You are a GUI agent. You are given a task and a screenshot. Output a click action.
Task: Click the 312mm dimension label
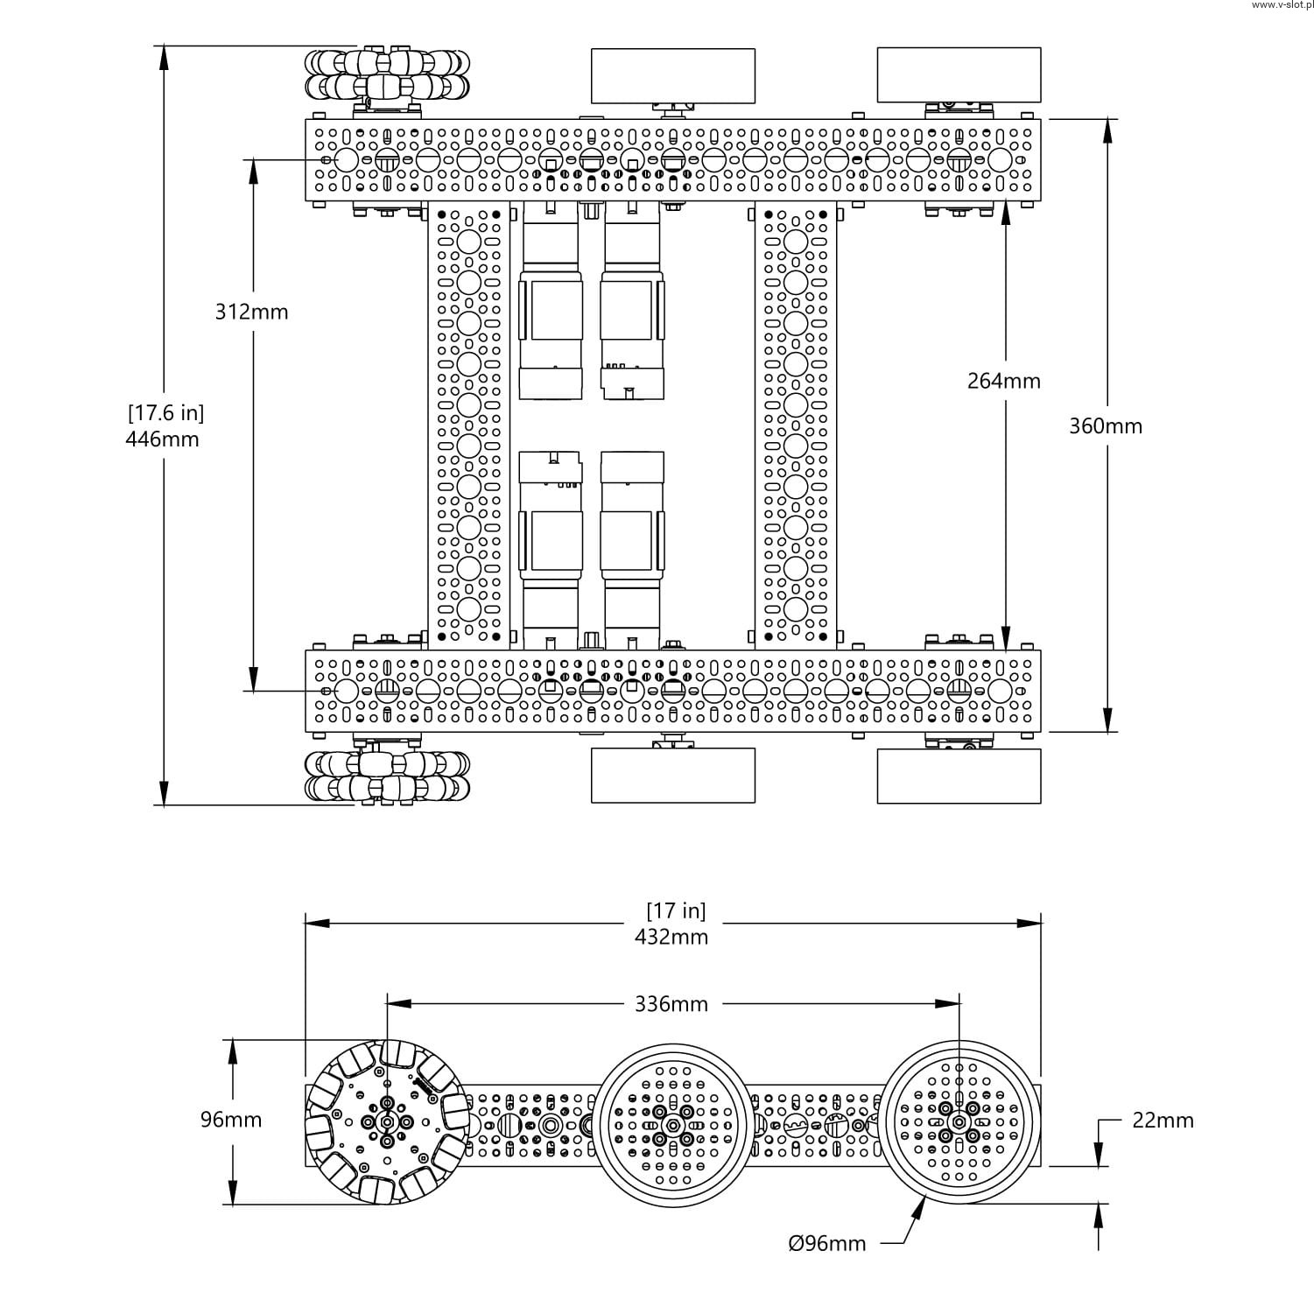click(x=251, y=312)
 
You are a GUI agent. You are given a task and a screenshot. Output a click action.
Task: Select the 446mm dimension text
click(x=162, y=439)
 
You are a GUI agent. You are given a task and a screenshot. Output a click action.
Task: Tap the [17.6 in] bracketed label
click(x=165, y=412)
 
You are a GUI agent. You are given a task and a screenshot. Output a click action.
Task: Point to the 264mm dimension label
click(x=1003, y=381)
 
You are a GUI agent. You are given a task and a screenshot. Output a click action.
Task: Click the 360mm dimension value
click(x=1105, y=426)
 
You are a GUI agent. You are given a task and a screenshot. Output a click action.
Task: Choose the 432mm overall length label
click(x=671, y=937)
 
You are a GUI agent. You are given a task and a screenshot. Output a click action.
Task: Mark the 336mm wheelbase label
click(x=671, y=1004)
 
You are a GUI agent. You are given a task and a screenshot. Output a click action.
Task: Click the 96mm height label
click(x=231, y=1120)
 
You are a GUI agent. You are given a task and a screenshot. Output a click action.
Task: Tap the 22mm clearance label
click(x=1163, y=1121)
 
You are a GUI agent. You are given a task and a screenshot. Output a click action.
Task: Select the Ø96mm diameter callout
click(x=826, y=1243)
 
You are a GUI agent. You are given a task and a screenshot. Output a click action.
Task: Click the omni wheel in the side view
click(x=386, y=1121)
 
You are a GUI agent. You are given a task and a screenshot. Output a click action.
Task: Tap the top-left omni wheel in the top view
click(x=387, y=74)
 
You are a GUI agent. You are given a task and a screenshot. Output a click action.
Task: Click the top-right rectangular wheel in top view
click(x=959, y=75)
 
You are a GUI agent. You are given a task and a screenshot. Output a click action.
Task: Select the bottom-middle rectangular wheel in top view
click(x=672, y=776)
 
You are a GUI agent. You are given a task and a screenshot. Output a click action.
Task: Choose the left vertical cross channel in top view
click(x=468, y=425)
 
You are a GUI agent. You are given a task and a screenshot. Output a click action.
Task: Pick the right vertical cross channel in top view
click(x=795, y=425)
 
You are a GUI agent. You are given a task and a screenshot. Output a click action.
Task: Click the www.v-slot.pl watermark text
click(x=1282, y=5)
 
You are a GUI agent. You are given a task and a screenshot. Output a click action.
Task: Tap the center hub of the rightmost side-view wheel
click(x=959, y=1122)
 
